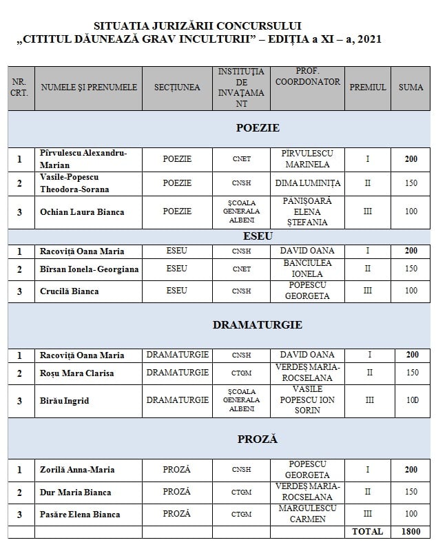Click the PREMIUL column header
368,87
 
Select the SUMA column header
411,87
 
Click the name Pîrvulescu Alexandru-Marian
83,159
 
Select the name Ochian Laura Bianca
82,211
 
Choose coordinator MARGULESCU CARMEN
307,514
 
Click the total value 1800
411,532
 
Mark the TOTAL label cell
368,532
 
